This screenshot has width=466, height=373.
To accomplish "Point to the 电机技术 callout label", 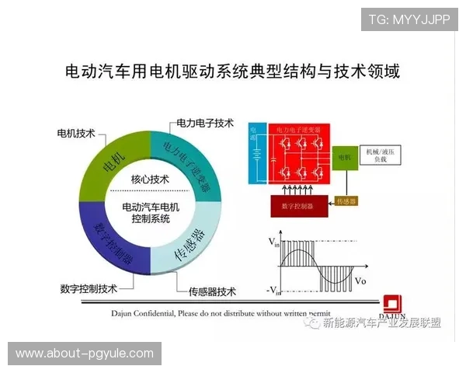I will coord(76,133).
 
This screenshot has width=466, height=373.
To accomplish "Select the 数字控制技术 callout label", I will coord(88,288).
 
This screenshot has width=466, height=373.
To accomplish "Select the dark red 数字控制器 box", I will coord(298,207).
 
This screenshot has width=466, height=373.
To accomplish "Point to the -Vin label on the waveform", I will coord(273,291).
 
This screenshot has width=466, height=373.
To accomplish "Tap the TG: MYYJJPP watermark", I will coord(409,19).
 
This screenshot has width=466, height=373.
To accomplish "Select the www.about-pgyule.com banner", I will coord(85,354).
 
